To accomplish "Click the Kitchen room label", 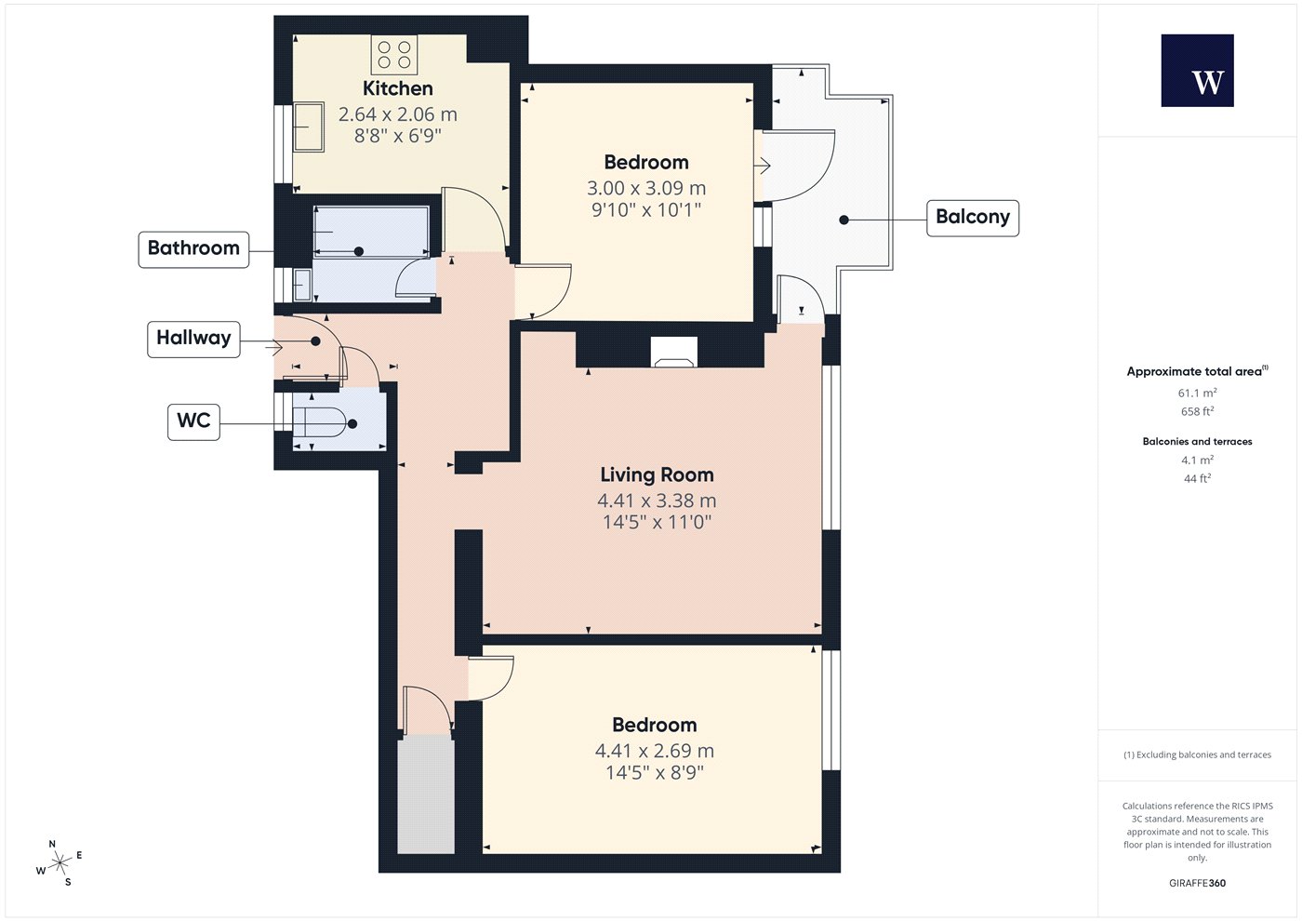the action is [398, 88].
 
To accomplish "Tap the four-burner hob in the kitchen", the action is [394, 54].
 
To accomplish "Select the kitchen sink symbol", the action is [308, 127].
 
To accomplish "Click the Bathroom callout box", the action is [193, 249].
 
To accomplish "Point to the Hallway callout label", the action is [193, 339].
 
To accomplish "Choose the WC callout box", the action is [193, 421].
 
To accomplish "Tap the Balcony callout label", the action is [973, 218].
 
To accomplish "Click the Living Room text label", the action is [657, 474].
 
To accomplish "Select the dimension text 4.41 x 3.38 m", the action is [657, 501].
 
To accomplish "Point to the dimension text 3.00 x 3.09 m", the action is [646, 188].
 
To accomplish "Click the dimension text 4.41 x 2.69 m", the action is [655, 751].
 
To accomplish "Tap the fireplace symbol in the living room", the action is [673, 353].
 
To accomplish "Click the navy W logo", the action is [1198, 71].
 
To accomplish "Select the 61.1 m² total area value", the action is [1198, 393].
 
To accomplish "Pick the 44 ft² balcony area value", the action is [1198, 478].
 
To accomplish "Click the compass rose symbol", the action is [60, 863].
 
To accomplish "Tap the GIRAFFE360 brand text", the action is [1198, 883].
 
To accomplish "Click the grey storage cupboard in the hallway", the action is [426, 794].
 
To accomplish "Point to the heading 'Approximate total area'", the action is [1194, 371].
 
